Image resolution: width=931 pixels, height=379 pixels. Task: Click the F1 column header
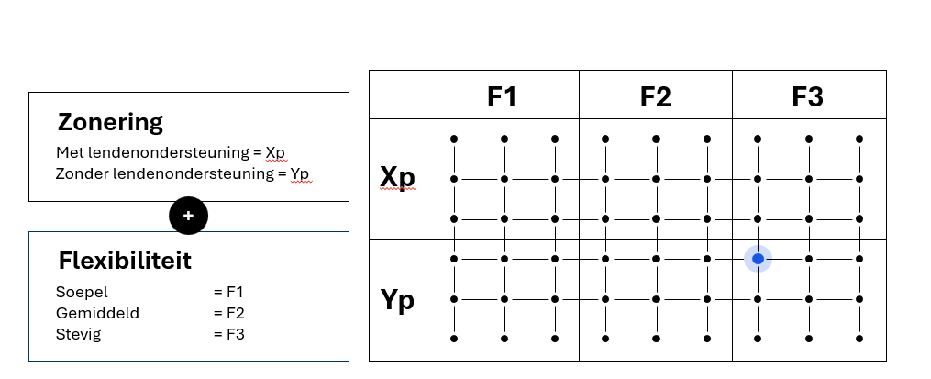pyautogui.click(x=502, y=96)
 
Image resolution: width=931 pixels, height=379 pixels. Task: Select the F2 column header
pyautogui.click(x=655, y=96)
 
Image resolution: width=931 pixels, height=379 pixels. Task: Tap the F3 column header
pyautogui.click(x=808, y=96)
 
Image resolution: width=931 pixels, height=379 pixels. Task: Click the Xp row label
pyautogui.click(x=398, y=177)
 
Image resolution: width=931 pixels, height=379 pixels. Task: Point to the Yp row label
pyautogui.click(x=398, y=300)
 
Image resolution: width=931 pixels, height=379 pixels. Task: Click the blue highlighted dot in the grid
pyautogui.click(x=758, y=260)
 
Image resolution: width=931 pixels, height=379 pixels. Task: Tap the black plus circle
pyautogui.click(x=189, y=216)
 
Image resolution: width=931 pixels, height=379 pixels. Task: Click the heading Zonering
pyautogui.click(x=110, y=122)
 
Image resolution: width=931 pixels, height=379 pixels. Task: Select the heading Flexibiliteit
pyautogui.click(x=125, y=261)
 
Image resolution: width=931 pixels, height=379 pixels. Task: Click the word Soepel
pyautogui.click(x=82, y=293)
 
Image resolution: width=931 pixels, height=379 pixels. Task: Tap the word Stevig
pyautogui.click(x=78, y=333)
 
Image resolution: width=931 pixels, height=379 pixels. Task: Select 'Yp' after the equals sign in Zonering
pyautogui.click(x=301, y=173)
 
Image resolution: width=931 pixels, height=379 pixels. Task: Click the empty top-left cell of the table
pyautogui.click(x=398, y=95)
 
